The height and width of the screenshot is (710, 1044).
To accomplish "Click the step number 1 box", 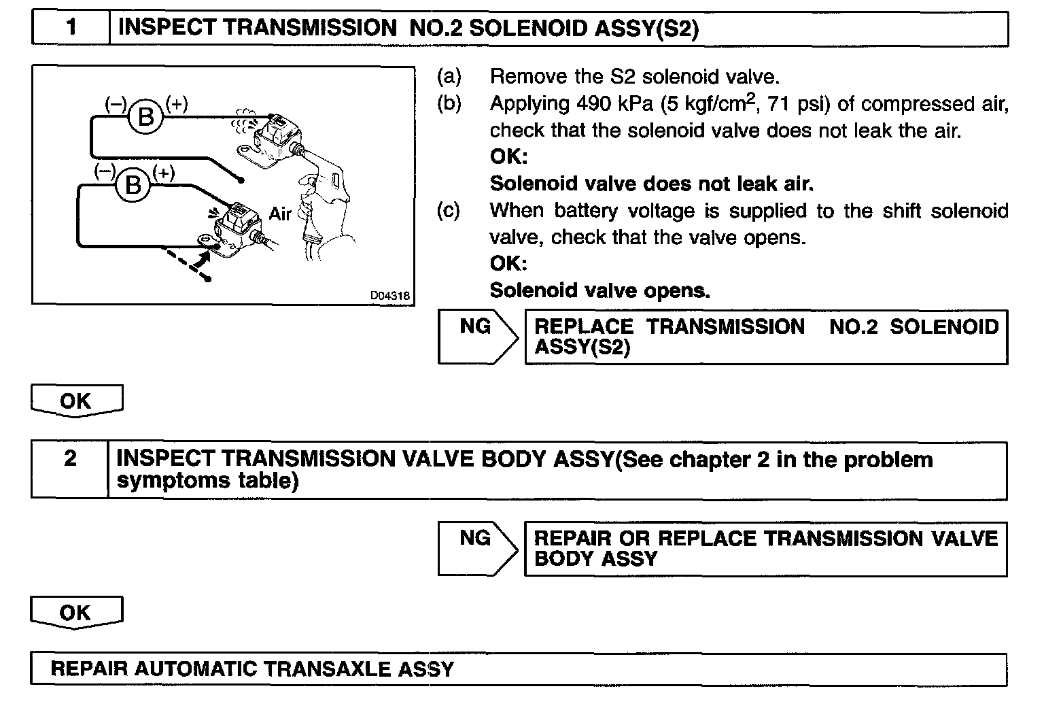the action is tap(71, 28).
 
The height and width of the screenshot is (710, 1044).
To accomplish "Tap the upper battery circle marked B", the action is tap(146, 117).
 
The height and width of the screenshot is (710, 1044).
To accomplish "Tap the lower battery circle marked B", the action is tap(133, 184).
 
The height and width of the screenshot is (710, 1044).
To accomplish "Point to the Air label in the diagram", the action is tap(280, 214).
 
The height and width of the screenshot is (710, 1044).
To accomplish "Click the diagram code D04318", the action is tap(389, 296).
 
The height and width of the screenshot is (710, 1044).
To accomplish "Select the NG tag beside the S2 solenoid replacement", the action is tap(475, 327).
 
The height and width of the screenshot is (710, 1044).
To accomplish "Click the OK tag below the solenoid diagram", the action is tap(75, 401).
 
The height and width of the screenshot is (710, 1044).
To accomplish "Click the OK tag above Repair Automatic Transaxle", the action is tap(75, 613).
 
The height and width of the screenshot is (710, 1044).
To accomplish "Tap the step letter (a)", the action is tap(449, 77).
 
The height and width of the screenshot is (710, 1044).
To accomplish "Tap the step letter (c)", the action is tap(449, 210).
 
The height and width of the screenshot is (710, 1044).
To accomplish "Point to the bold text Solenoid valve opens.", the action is tap(599, 290).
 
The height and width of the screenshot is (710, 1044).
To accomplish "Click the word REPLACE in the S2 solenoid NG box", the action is tap(584, 327).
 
